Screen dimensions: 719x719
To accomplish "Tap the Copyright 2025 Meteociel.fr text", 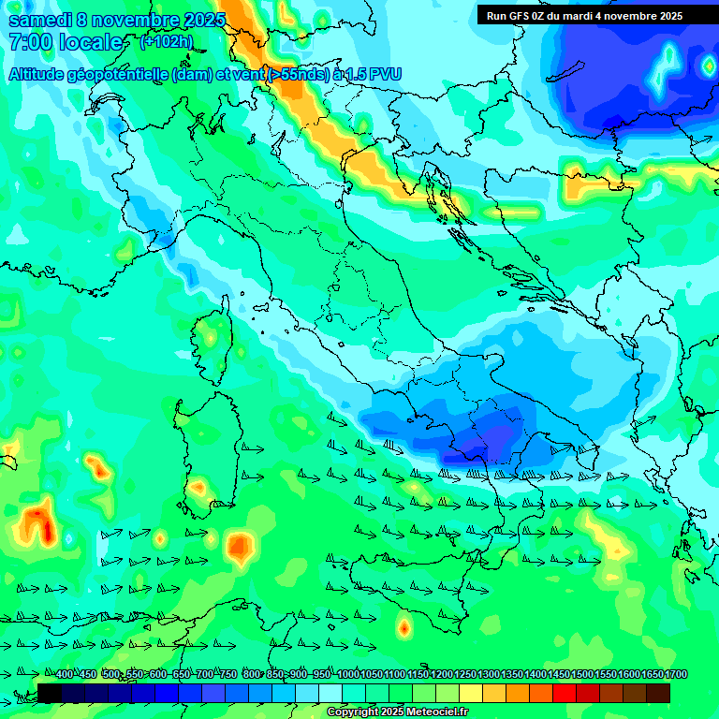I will point(397,712).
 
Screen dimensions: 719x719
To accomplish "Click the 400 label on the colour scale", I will point(65,675).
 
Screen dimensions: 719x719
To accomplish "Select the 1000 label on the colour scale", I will point(347,675).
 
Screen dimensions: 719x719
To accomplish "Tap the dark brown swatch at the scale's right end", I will point(658,693).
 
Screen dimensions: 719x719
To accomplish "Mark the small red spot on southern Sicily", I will point(404,628).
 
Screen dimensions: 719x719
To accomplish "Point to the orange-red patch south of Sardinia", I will point(240,544).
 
